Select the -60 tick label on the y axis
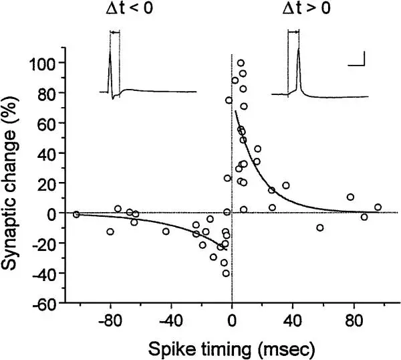[46, 303]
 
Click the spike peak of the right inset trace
[298, 48]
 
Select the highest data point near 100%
[241, 63]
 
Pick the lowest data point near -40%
[226, 273]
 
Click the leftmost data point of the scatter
[76, 214]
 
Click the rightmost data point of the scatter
[378, 207]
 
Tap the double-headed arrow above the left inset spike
[114, 32]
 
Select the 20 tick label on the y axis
[48, 183]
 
